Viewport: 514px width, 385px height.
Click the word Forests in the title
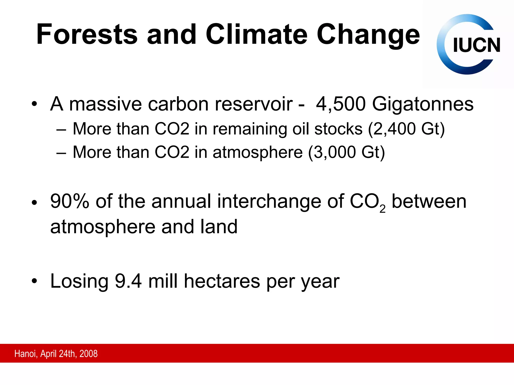point(87,34)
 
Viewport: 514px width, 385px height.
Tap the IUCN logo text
point(476,45)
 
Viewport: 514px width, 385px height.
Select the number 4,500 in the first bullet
point(341,104)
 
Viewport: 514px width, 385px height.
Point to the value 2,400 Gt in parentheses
point(406,129)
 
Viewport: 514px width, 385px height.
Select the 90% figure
point(70,201)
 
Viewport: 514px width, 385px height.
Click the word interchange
point(269,201)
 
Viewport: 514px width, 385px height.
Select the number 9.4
point(128,281)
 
